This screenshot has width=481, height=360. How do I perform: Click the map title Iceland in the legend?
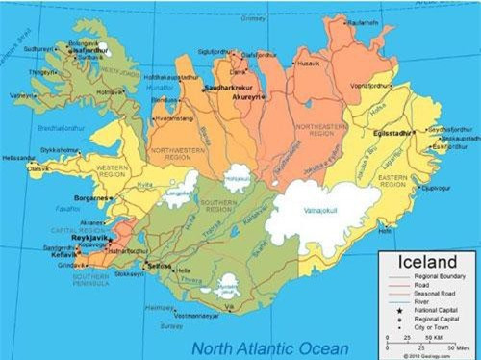[421, 261]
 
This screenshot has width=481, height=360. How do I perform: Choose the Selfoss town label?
[159, 266]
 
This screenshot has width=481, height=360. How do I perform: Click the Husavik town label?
[309, 64]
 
